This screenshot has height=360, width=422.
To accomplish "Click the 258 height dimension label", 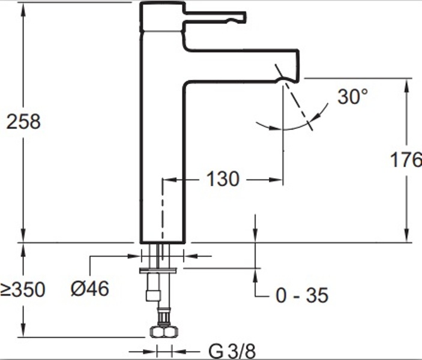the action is (x=23, y=122).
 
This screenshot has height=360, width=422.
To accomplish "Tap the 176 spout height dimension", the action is (x=406, y=160).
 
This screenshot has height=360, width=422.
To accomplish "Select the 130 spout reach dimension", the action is (x=223, y=179).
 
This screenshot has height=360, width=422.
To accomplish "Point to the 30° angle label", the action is (x=352, y=97).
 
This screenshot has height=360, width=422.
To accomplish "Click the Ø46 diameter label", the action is (x=90, y=289).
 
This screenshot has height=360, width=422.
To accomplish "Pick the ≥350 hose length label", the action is (x=23, y=290).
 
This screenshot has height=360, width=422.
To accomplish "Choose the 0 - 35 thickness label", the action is (x=302, y=295).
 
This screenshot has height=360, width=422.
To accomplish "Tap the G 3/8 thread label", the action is (x=232, y=351).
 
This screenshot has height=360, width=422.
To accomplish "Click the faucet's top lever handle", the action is (x=215, y=17).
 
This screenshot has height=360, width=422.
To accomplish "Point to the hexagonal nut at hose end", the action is (x=164, y=331).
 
